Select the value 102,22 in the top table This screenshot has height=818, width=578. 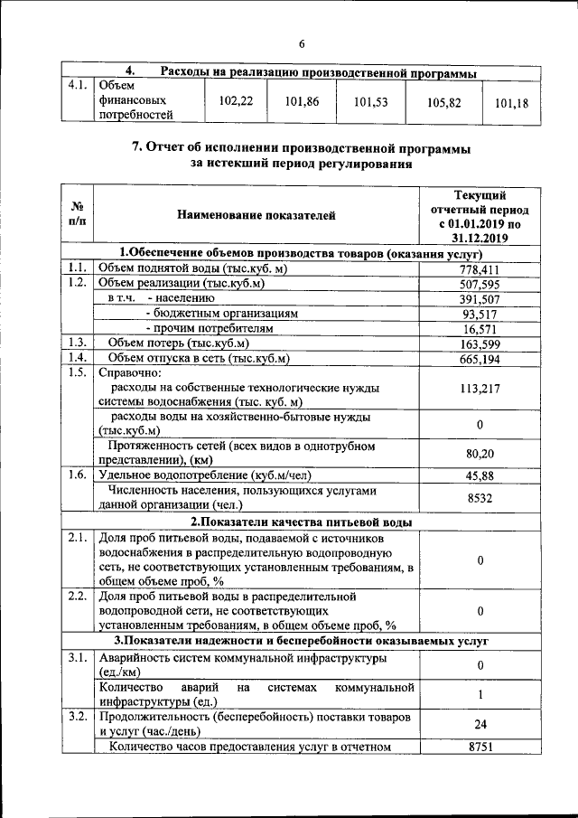point(235,102)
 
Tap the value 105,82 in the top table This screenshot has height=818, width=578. point(444,103)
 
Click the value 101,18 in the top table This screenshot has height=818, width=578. point(511,103)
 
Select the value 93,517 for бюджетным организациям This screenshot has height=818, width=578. point(480,315)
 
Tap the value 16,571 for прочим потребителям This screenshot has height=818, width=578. point(480,330)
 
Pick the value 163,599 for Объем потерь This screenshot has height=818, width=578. point(480,344)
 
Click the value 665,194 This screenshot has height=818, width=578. point(480,360)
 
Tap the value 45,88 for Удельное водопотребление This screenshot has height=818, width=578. point(480,475)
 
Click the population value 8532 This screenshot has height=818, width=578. point(480,497)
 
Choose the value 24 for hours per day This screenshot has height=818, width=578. point(480,724)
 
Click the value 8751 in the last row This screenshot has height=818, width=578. point(480,747)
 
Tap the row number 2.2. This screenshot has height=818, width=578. point(77,597)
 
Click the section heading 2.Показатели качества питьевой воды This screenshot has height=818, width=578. point(301,522)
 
